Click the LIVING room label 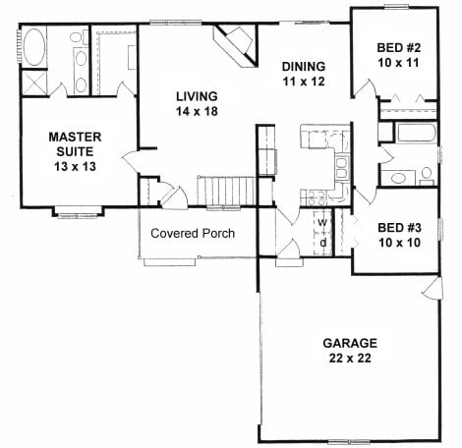click(197, 96)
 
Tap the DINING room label click(304, 67)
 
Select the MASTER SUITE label click(75, 144)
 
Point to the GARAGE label click(350, 343)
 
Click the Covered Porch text click(193, 233)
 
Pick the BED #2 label click(398, 48)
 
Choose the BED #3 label click(399, 228)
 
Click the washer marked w click(322, 222)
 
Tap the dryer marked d click(322, 243)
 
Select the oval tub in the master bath click(34, 47)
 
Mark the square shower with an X click(34, 83)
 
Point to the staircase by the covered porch click(226, 192)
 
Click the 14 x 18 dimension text click(197, 111)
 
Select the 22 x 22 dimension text click(350, 359)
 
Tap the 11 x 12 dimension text click(304, 82)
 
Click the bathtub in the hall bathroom click(416, 133)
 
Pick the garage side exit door click(433, 288)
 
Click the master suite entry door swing click(131, 161)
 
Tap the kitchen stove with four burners click(314, 197)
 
